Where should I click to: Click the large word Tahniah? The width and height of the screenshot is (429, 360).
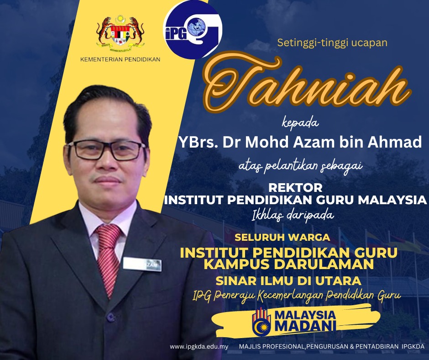pyautogui.click(x=308, y=82)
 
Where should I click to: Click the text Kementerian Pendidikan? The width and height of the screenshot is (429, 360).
pyautogui.click(x=120, y=59)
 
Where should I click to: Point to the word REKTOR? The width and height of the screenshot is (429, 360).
pyautogui.click(x=295, y=188)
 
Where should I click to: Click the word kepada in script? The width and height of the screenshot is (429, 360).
pyautogui.click(x=300, y=123)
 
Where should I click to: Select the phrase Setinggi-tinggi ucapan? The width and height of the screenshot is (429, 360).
pyautogui.click(x=332, y=42)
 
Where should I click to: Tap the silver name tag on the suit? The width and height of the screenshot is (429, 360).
pyautogui.click(x=142, y=265)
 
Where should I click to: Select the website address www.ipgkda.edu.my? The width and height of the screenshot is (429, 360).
pyautogui.click(x=199, y=347)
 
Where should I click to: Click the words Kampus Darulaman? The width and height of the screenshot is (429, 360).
pyautogui.click(x=289, y=265)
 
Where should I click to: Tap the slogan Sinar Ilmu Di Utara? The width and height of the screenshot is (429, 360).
pyautogui.click(x=288, y=281)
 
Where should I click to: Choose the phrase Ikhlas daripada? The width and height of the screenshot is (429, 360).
pyautogui.click(x=293, y=215)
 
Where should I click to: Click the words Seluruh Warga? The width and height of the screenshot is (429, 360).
pyautogui.click(x=283, y=237)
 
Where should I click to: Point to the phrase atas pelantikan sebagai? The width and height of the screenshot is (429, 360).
pyautogui.click(x=301, y=166)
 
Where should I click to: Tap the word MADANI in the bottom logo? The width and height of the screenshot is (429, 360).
pyautogui.click(x=305, y=326)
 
